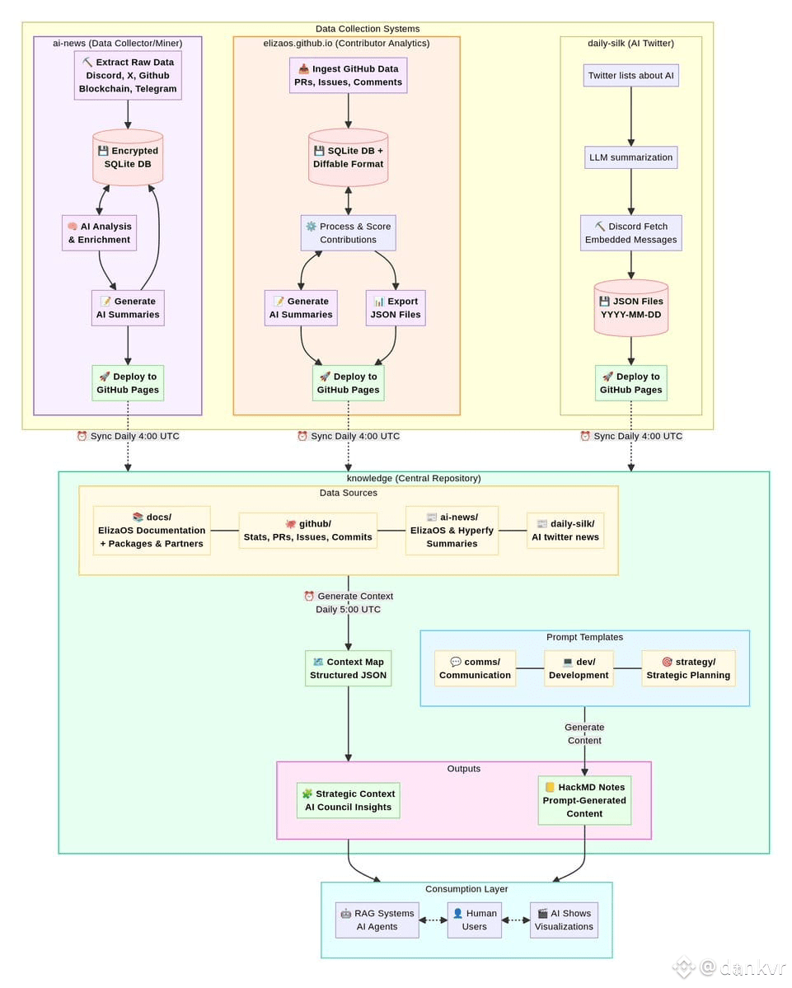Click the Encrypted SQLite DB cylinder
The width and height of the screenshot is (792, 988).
coord(128,157)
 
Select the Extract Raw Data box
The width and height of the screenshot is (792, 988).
coord(128,76)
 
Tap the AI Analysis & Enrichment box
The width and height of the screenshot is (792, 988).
coord(99,233)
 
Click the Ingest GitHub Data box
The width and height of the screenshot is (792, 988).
coord(348,76)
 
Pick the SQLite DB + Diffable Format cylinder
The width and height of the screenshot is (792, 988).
coord(348,157)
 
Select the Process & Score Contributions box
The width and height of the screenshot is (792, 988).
coord(348,233)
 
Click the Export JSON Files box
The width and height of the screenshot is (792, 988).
coord(396,308)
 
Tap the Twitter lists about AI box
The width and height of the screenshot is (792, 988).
coord(630,76)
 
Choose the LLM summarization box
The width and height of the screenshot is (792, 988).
coord(630,157)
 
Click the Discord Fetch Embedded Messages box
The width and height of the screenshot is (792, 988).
coord(630,233)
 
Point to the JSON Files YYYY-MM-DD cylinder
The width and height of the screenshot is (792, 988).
coord(630,308)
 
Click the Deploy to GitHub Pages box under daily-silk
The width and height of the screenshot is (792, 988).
coord(630,383)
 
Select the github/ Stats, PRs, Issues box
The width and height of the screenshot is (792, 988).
coord(308,531)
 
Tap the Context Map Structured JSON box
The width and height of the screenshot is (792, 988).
coord(348,668)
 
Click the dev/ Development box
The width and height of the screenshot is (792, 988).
coord(579,668)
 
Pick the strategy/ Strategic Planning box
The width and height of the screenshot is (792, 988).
coord(688,668)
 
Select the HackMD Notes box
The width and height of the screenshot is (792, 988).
coord(584,800)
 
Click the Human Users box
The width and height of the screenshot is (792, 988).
coord(475,920)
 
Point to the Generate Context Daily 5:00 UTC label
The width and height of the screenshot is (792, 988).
coord(349,603)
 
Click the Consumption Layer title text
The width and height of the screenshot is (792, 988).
coord(466,889)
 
